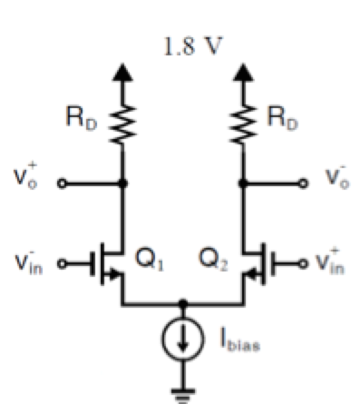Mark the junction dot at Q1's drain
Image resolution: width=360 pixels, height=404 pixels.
click(123, 182)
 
